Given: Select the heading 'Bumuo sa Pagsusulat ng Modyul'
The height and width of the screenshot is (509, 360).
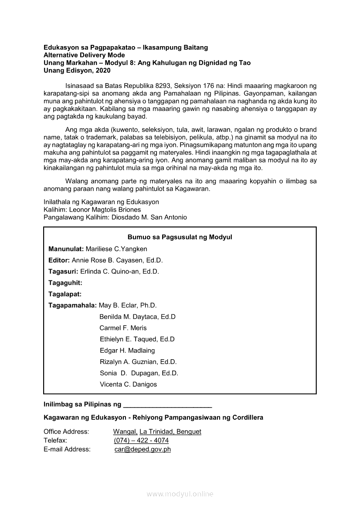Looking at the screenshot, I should [x=180, y=237].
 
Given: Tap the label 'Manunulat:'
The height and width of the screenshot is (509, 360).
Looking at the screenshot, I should [x=66, y=249].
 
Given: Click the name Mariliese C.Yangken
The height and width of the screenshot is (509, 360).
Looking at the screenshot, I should [x=116, y=249].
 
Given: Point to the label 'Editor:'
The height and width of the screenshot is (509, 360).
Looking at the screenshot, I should [x=59, y=260].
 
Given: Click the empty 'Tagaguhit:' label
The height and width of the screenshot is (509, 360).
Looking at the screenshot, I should [x=65, y=283].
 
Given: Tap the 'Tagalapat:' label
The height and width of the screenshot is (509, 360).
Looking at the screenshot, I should [x=65, y=294].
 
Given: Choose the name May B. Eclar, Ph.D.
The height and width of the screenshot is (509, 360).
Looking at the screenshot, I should [x=128, y=306].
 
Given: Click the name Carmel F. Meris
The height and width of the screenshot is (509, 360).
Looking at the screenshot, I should [x=123, y=328].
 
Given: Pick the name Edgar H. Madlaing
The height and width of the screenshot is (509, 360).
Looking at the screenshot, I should [x=127, y=351].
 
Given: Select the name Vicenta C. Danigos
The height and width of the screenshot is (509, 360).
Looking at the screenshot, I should [x=128, y=384].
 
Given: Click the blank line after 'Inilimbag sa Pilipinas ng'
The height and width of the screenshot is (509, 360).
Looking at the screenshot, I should [x=168, y=405].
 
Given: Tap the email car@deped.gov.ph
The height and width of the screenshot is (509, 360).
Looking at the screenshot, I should [x=143, y=449].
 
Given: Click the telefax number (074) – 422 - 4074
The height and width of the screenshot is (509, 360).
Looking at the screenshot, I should [x=141, y=441].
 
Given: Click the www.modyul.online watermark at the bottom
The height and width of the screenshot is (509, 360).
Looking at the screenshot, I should [x=180, y=494].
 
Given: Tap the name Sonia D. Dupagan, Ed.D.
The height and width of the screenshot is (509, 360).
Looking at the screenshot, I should [x=139, y=373].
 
